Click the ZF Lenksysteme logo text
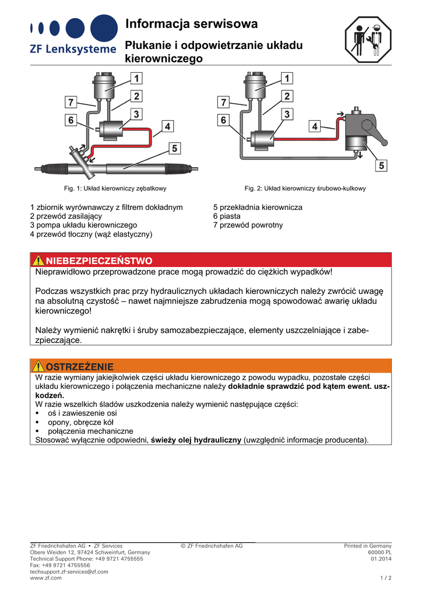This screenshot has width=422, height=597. (x=73, y=49)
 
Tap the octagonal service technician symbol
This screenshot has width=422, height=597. (x=368, y=39)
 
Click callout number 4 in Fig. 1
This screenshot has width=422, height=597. (x=167, y=127)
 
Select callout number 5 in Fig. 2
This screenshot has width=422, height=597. (x=381, y=166)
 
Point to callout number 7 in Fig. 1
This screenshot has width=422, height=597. (x=71, y=102)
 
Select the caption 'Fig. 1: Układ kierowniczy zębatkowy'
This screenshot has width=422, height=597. (x=115, y=188)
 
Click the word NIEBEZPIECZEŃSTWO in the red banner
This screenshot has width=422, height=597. (x=99, y=261)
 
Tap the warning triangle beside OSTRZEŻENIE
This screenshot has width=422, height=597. (x=38, y=366)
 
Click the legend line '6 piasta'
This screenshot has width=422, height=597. (x=227, y=216)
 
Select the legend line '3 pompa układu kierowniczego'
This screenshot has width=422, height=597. (x=84, y=225)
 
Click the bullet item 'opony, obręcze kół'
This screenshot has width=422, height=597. (x=80, y=422)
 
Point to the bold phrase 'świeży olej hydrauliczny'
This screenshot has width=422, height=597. (x=196, y=440)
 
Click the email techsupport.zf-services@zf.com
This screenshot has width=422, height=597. (x=69, y=571)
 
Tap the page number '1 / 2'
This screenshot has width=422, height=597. (x=386, y=578)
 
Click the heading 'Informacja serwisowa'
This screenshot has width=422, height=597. (x=191, y=24)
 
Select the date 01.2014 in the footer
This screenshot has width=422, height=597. (x=381, y=559)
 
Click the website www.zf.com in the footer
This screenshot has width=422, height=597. (x=45, y=578)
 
